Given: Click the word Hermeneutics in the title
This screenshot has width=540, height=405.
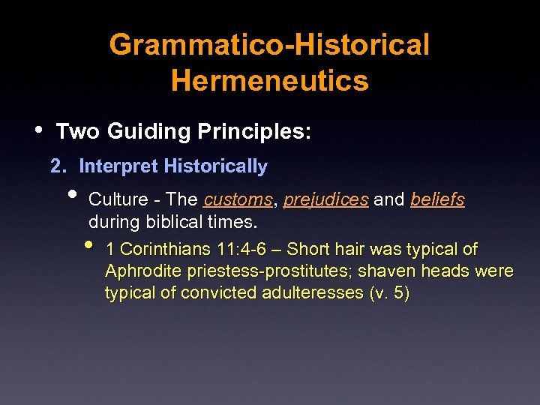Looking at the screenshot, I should click(x=269, y=79).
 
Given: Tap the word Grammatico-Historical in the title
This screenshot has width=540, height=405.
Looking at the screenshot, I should click(x=269, y=44).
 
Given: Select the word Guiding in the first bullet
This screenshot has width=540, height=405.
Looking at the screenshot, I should click(x=148, y=132).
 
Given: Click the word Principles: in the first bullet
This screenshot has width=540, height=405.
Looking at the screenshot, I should click(x=254, y=132).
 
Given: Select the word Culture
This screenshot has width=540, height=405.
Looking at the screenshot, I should click(x=113, y=200).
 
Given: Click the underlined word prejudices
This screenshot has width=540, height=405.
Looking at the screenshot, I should click(x=325, y=200).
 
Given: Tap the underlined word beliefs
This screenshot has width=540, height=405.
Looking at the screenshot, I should click(x=437, y=200).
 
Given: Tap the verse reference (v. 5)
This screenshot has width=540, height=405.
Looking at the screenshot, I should click(x=390, y=292).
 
